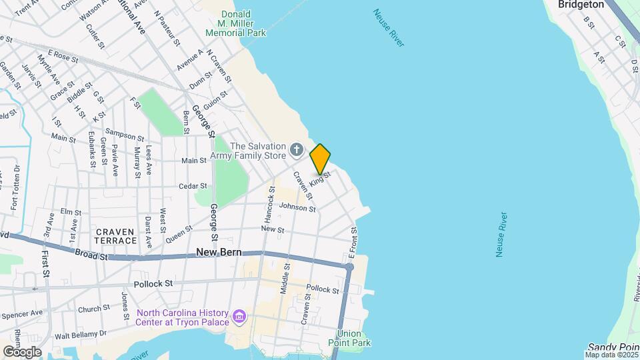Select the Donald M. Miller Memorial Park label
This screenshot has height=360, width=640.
pos(235,23)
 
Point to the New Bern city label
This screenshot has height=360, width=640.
pos(219,253)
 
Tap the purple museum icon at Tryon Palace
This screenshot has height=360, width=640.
pos(239,315)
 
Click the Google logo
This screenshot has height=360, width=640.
pos(22,352)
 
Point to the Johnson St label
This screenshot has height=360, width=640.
pos(297,208)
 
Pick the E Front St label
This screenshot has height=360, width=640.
pos(354,244)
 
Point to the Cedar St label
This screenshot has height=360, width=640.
pos(193,187)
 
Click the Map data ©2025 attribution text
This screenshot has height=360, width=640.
pos(611,355)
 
